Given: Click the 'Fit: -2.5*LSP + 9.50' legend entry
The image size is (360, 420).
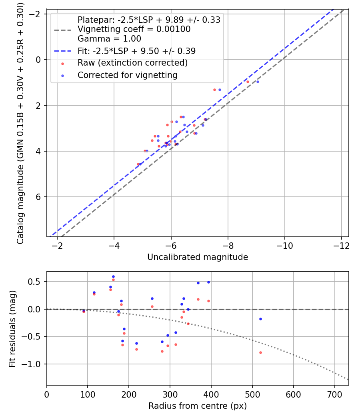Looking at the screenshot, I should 136,51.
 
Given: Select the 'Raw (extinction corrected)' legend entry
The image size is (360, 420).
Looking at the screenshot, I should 132,63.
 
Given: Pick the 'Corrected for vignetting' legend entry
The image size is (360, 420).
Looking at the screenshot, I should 128,75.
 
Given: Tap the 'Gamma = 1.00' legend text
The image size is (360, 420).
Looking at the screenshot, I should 109,39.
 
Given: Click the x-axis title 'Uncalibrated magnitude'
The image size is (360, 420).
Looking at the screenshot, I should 198,257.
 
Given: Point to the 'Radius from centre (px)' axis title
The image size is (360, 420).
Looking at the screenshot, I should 198,406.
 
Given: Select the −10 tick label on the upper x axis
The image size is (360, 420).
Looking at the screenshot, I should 285,245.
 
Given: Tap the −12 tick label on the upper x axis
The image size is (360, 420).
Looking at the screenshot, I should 342,245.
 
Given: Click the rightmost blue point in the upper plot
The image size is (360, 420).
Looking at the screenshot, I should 258,82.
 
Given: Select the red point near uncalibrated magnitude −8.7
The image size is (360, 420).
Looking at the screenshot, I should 248,82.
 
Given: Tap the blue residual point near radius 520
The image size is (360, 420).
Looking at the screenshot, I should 260,319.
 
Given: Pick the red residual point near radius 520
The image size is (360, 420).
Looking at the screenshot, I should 260,352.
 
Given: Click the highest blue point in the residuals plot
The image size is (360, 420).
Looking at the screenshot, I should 113,276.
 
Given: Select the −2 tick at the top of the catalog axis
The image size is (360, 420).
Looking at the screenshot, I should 37,14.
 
